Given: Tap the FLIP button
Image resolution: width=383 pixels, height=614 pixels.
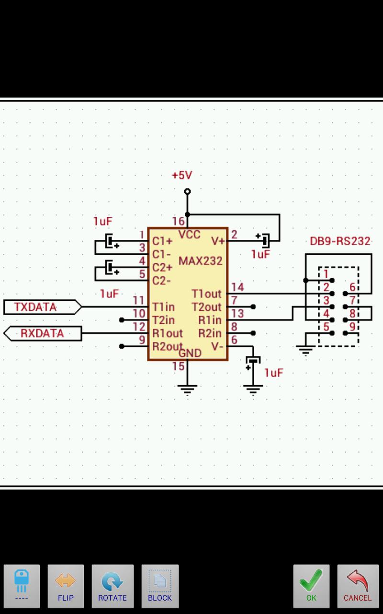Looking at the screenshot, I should coord(66,586).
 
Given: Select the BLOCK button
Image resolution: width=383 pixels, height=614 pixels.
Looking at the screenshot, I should coord(160,586).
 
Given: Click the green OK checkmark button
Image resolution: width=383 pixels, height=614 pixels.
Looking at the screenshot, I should coord(311,586).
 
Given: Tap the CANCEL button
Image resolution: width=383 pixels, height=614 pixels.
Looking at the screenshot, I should coord(357,586).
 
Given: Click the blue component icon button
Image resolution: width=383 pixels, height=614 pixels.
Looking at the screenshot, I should coord(22,586).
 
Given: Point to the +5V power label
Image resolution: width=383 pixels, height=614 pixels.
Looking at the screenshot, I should coord(182,176).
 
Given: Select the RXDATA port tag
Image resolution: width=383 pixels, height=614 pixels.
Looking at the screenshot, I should coord(42,333).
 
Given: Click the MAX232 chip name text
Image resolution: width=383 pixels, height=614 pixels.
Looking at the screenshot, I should coord(201,261).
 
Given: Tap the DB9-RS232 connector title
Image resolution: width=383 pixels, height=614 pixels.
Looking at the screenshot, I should coord(340,241).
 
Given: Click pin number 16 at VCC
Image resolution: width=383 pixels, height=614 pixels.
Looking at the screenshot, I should coord(178,221).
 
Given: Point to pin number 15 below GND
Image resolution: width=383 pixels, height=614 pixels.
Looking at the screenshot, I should coord(178,366).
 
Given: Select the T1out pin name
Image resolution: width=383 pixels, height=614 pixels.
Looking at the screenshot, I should coord(206,294).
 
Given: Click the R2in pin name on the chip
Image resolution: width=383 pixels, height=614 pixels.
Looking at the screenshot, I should coord(210,333).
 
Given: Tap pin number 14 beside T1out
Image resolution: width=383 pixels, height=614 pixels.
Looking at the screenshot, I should coord(237,287).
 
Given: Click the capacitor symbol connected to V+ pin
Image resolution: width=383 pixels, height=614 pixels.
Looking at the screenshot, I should coord(264,238).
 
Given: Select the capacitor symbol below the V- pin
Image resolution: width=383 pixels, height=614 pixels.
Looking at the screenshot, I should coord(252,362).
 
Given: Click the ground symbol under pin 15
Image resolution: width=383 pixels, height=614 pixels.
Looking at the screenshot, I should coord(187,389).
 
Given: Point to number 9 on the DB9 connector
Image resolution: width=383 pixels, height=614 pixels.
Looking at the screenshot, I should coord(352,327).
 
